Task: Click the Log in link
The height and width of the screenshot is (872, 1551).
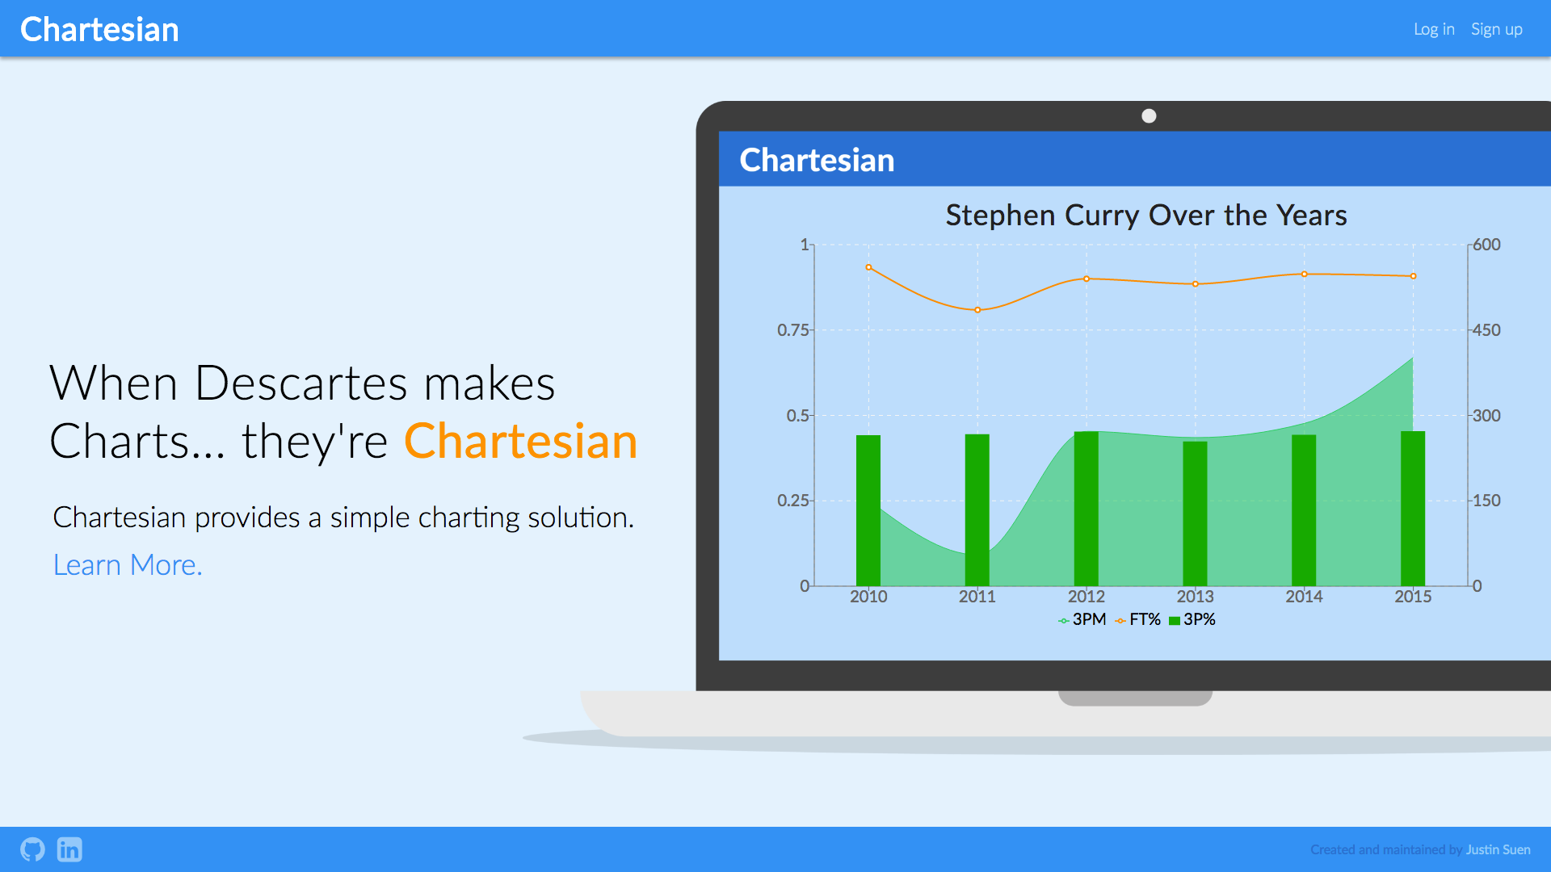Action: (x=1434, y=29)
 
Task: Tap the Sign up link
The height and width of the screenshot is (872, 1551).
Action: (x=1497, y=29)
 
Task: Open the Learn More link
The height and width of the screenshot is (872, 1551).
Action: (x=128, y=565)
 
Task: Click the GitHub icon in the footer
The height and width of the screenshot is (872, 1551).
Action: (x=32, y=849)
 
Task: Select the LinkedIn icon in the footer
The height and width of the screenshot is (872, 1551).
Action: (x=69, y=849)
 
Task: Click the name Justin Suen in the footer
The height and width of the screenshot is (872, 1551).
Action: (x=1498, y=849)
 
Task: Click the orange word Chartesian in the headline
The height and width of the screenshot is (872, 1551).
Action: (x=521, y=442)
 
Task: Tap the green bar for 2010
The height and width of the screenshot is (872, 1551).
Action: (x=868, y=510)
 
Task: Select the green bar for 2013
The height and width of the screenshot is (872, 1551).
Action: (x=1196, y=514)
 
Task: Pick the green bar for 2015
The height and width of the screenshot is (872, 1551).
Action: (x=1413, y=509)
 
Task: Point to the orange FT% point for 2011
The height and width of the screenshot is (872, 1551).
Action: (x=977, y=310)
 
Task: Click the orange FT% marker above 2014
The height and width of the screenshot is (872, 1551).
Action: (x=1304, y=275)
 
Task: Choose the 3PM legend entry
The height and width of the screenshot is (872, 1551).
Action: (x=1082, y=619)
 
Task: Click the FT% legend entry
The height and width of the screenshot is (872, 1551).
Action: (x=1137, y=619)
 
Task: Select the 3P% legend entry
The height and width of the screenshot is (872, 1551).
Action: (x=1192, y=619)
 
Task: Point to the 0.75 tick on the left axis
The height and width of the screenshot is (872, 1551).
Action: (x=792, y=330)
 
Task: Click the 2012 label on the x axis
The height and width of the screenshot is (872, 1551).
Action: (x=1086, y=597)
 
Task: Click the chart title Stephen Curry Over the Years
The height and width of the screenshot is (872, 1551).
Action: (x=1146, y=216)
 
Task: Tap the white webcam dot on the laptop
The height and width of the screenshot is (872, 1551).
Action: (x=1149, y=116)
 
